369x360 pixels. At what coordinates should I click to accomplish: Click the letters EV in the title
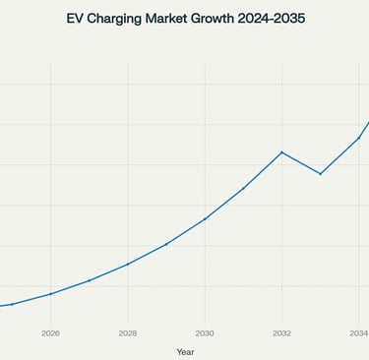click(x=75, y=19)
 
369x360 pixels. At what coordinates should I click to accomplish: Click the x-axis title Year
click(x=185, y=351)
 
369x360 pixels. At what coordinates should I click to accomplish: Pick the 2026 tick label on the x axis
click(x=50, y=333)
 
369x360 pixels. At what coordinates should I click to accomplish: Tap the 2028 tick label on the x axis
click(x=127, y=333)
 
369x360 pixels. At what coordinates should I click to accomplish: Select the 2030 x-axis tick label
click(x=205, y=333)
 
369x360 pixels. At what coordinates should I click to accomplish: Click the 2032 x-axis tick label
click(x=282, y=333)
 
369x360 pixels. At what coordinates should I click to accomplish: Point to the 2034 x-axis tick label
click(x=359, y=333)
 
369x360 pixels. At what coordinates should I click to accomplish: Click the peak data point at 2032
click(x=282, y=152)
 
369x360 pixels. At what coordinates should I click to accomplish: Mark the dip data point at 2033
click(x=321, y=174)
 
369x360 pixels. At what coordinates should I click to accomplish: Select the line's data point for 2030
click(x=205, y=218)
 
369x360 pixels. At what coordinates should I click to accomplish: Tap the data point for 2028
click(x=127, y=264)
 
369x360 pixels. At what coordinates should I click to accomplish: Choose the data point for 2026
click(x=50, y=293)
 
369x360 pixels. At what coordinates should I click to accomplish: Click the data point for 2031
click(x=243, y=188)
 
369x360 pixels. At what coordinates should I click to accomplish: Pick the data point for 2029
click(x=166, y=243)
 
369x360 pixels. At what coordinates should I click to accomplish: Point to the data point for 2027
click(x=89, y=280)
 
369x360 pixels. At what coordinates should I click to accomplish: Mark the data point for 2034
click(x=359, y=138)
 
